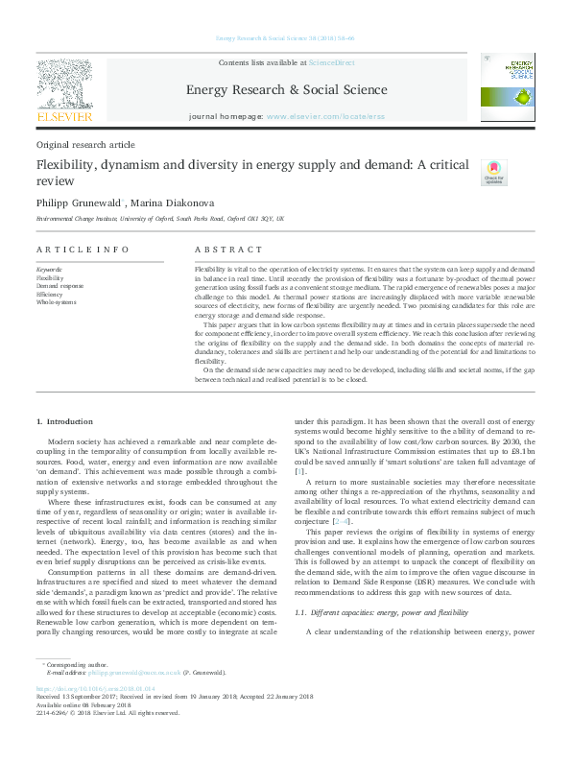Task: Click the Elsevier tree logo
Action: point(65,84)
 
